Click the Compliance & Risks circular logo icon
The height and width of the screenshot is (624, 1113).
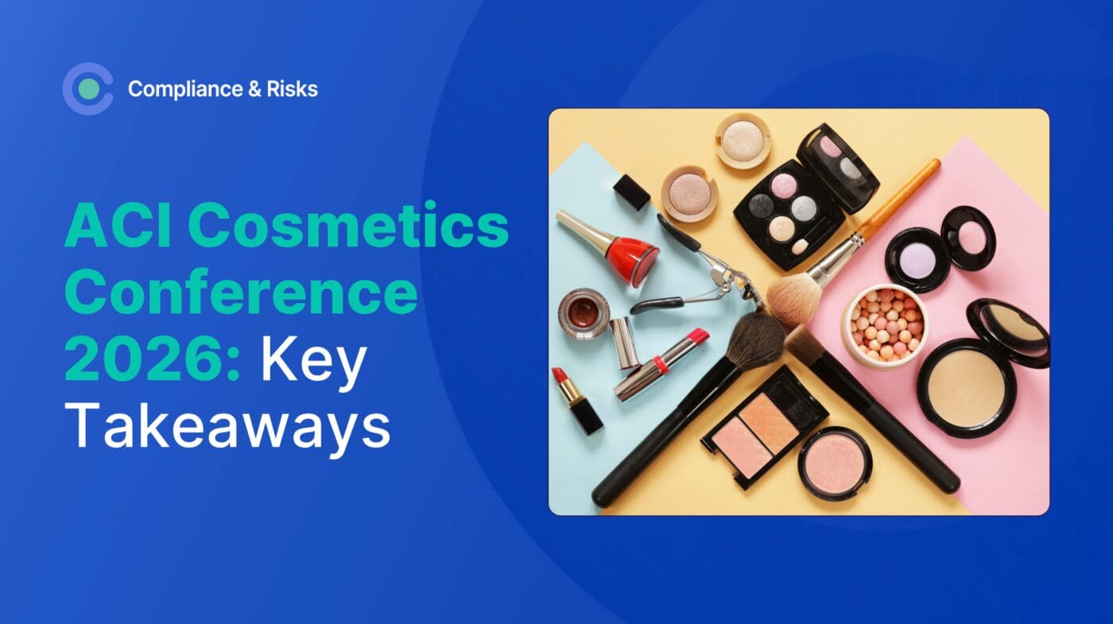pos(87,89)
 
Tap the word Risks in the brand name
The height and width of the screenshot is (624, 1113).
pos(293,89)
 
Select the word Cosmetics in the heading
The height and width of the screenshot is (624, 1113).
pos(348,224)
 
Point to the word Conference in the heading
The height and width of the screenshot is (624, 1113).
pos(241,293)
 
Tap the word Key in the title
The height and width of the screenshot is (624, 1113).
pos(314,362)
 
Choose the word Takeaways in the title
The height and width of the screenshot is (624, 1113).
pos(227,428)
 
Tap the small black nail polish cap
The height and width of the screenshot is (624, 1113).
pos(631,192)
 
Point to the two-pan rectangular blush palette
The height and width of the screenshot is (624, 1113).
pos(763,428)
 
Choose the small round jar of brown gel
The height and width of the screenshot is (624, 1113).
pos(584,313)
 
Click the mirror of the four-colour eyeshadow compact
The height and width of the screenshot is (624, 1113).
pos(838,168)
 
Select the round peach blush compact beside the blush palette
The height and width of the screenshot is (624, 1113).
pos(835,463)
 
